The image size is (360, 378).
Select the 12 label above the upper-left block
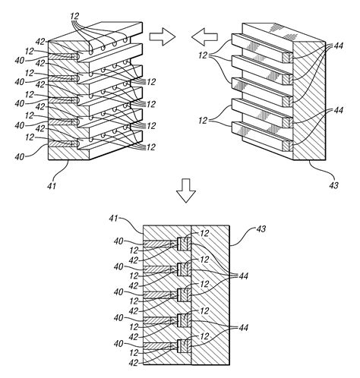[74, 16]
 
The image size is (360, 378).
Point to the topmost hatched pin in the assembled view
[159, 244]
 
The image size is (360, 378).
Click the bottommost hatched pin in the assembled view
[159, 347]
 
